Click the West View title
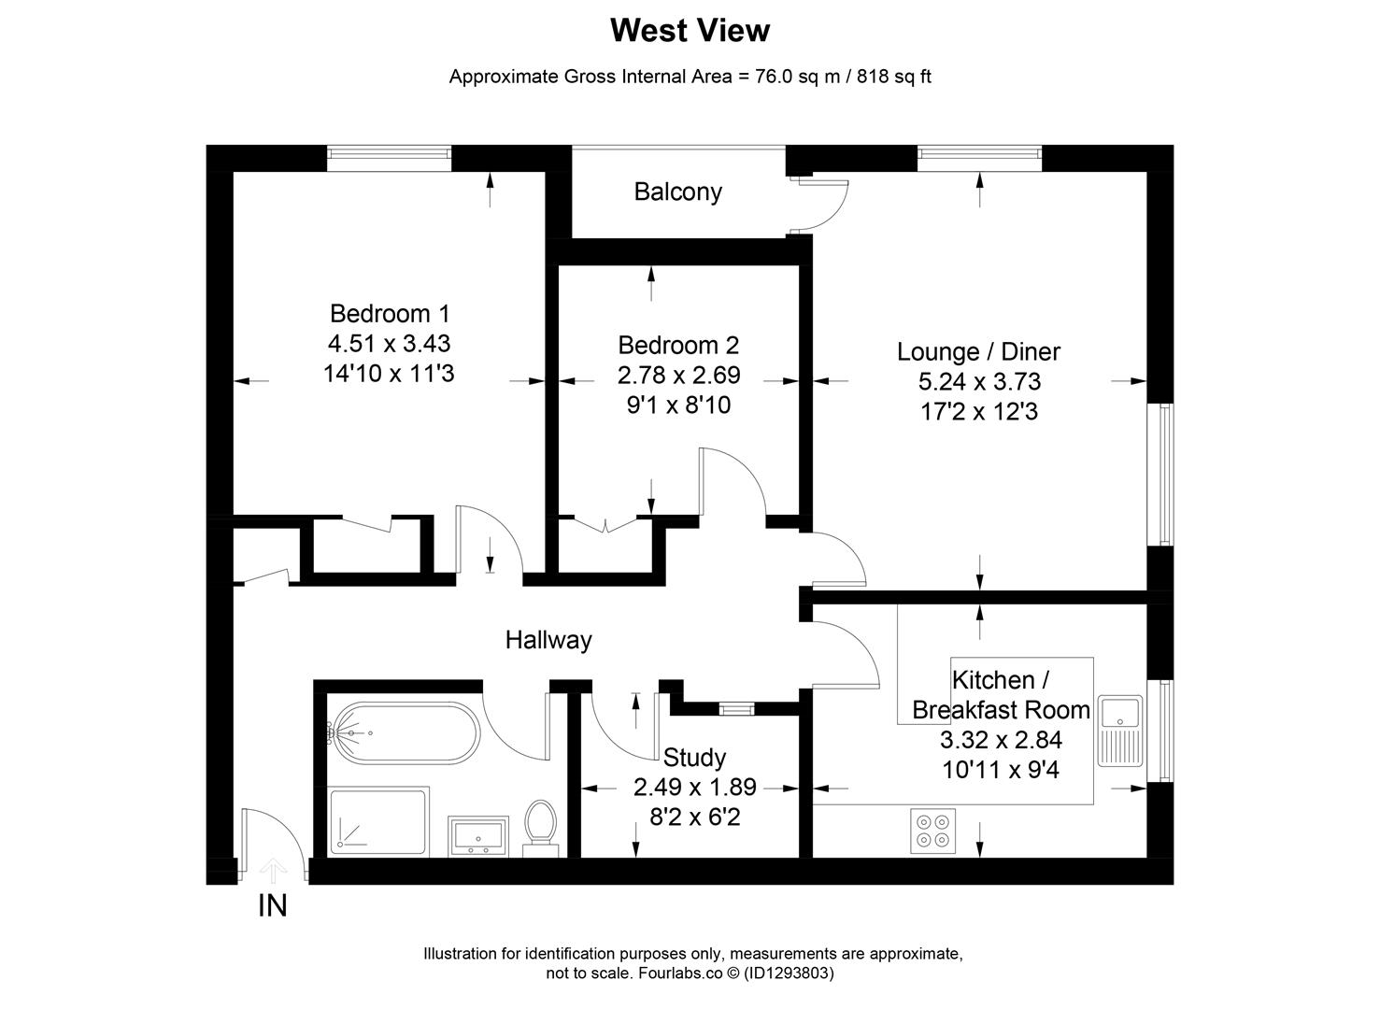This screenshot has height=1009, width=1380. (x=690, y=30)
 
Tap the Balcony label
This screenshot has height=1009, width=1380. (x=677, y=192)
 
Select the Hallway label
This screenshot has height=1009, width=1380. (x=548, y=640)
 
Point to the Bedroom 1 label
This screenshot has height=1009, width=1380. (x=390, y=314)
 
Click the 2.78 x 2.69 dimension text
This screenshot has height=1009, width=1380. (x=678, y=375)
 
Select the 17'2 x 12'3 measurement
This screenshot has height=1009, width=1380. (x=979, y=411)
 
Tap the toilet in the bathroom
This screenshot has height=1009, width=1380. (x=540, y=829)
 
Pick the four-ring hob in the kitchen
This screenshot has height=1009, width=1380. (x=932, y=831)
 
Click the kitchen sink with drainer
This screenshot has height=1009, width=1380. (x=1120, y=731)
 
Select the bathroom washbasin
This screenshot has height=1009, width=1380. (x=477, y=836)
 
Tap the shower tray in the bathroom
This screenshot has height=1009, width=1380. (x=378, y=822)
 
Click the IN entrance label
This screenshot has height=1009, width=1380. (x=272, y=906)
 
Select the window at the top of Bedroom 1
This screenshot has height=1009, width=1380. (x=389, y=158)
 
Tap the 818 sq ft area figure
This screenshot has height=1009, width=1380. (x=894, y=77)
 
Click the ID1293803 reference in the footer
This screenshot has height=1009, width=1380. (x=789, y=973)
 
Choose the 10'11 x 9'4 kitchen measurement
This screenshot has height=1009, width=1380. (x=1001, y=770)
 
